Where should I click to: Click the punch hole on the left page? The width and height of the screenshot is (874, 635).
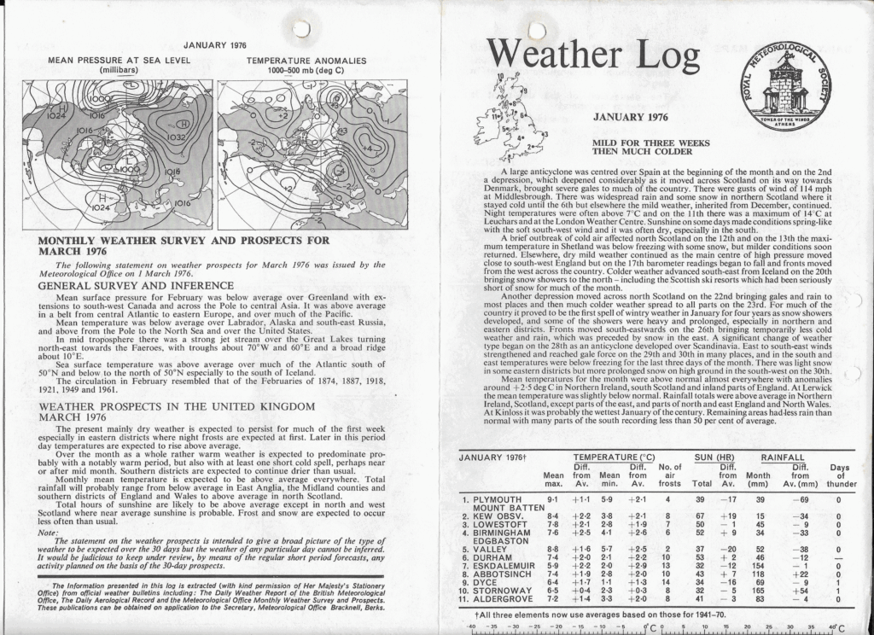[300, 28]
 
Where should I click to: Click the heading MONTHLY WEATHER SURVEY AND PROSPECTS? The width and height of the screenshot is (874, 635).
[184, 246]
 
